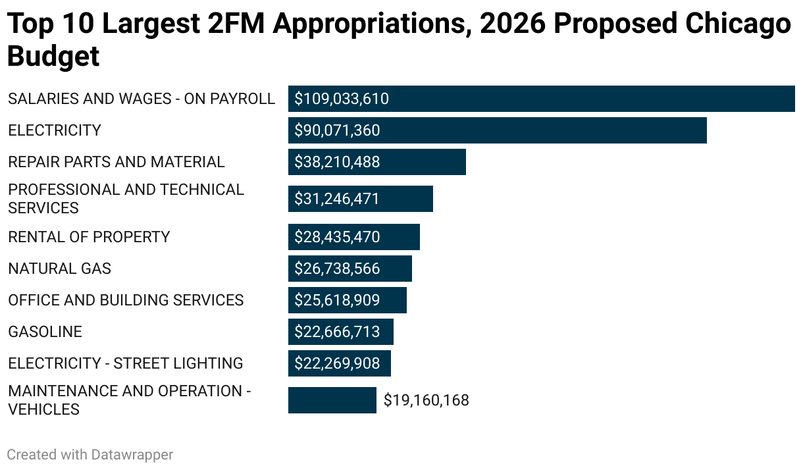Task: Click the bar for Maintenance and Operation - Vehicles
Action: (x=332, y=400)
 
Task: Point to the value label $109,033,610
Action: (x=342, y=99)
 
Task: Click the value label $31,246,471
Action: (x=337, y=199)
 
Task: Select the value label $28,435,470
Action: (x=337, y=237)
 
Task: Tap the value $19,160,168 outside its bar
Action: (x=426, y=400)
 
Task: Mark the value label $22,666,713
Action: (x=337, y=332)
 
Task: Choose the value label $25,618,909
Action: (x=337, y=300)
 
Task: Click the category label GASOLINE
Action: (x=45, y=332)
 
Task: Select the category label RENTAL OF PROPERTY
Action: (x=89, y=237)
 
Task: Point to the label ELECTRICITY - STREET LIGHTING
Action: (x=125, y=363)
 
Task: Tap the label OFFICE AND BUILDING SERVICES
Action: (x=126, y=300)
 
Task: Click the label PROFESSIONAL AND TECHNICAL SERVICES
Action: (x=125, y=199)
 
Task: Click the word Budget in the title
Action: (x=53, y=57)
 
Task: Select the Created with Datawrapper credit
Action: (x=90, y=454)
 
